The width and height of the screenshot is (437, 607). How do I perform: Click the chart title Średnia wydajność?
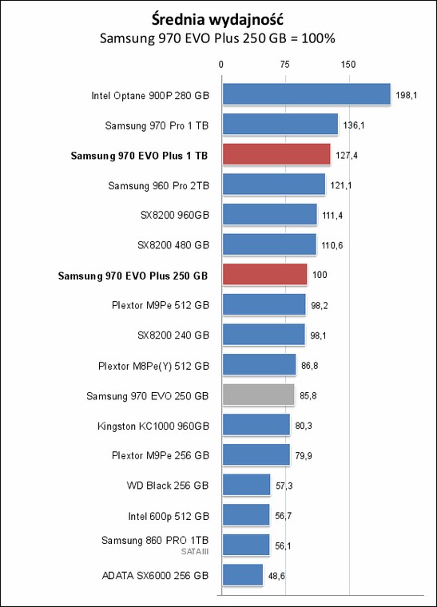click(x=217, y=19)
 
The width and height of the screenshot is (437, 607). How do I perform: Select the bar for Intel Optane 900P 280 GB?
click(x=306, y=94)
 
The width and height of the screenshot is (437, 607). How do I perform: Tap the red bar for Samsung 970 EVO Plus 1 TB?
click(x=276, y=154)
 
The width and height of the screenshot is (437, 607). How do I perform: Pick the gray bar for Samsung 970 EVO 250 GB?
click(x=258, y=395)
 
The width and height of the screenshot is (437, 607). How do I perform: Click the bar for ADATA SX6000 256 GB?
click(x=243, y=574)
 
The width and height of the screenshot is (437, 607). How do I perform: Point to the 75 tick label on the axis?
click(x=284, y=65)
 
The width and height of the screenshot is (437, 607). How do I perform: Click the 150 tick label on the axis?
click(x=348, y=65)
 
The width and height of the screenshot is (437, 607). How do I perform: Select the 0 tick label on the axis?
click(x=221, y=65)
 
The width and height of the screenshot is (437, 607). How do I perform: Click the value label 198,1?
click(x=407, y=95)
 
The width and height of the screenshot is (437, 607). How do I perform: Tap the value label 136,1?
click(x=354, y=125)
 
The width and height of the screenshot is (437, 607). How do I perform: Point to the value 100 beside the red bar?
click(x=320, y=275)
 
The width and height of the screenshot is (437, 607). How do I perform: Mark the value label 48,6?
click(x=276, y=576)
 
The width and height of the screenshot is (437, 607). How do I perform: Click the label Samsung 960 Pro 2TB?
click(x=158, y=186)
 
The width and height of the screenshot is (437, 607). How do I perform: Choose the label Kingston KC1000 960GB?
click(x=153, y=426)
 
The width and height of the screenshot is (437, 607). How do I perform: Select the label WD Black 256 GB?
click(x=168, y=486)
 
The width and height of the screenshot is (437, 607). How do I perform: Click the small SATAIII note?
click(x=195, y=551)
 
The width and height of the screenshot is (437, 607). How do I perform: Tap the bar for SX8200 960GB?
click(x=270, y=215)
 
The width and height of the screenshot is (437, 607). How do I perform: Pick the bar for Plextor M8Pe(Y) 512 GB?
click(x=259, y=364)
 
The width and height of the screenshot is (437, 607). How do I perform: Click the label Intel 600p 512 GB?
click(x=169, y=517)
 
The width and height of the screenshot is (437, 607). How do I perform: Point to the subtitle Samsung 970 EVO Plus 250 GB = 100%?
click(x=217, y=38)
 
